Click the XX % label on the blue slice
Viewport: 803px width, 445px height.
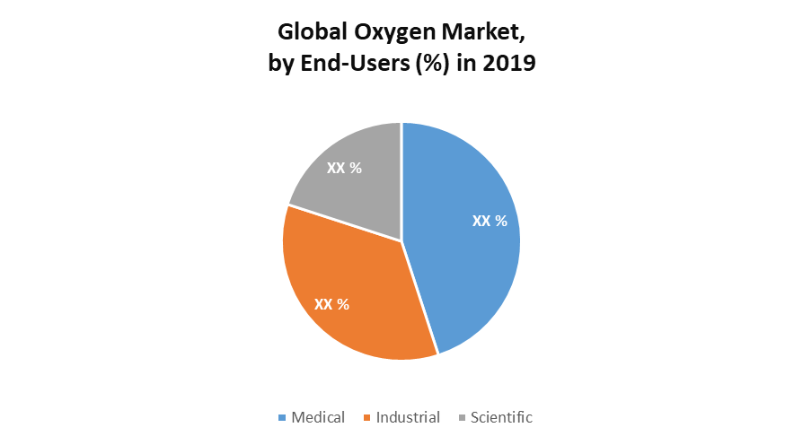pyautogui.click(x=490, y=221)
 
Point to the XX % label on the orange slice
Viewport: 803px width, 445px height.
pyautogui.click(x=331, y=304)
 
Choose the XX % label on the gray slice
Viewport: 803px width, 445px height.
pyautogui.click(x=344, y=168)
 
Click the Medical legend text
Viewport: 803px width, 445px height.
pyautogui.click(x=319, y=417)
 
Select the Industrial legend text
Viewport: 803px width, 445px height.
pyautogui.click(x=408, y=417)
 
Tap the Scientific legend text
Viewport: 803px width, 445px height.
pyautogui.click(x=501, y=417)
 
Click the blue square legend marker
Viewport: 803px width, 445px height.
pyautogui.click(x=283, y=418)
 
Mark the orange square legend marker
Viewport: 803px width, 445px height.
pyautogui.click(x=367, y=418)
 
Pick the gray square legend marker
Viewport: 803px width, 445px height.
pyautogui.click(x=462, y=418)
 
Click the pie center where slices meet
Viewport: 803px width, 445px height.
pyautogui.click(x=401, y=240)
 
